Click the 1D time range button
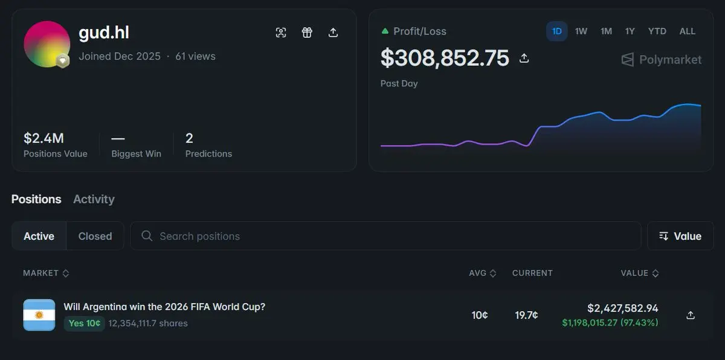[x=556, y=31]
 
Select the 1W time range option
[x=581, y=31]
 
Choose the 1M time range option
[x=606, y=31]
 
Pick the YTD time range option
[x=657, y=31]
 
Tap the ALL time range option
[x=687, y=31]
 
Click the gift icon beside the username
[x=307, y=33]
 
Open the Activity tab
[x=94, y=199]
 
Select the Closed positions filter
[x=95, y=236]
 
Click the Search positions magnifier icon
[x=147, y=236]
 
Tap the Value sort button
[x=680, y=236]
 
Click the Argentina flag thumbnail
[x=39, y=315]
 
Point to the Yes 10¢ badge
[x=85, y=323]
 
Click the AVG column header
[x=482, y=273]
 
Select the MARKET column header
[x=46, y=273]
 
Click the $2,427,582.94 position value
[x=623, y=308]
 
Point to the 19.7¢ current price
[x=526, y=315]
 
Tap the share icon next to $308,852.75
[x=524, y=58]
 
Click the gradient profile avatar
[x=47, y=44]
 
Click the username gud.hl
[x=104, y=33]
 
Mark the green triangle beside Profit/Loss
[x=385, y=31]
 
